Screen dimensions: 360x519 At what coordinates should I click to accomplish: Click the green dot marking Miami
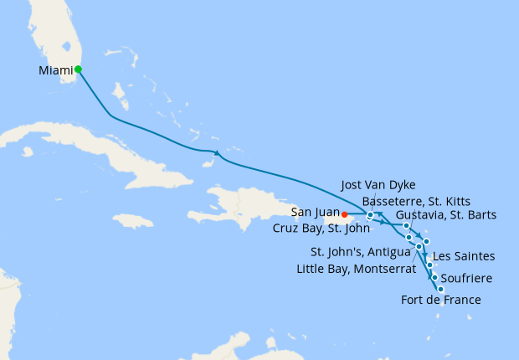click(x=77, y=69)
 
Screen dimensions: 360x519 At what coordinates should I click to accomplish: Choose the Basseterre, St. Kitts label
click(x=416, y=201)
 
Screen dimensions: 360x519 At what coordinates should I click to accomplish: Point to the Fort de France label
click(x=441, y=299)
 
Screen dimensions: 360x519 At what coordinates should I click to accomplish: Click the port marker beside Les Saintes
click(x=430, y=265)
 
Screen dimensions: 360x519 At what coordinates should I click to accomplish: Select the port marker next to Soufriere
click(x=434, y=277)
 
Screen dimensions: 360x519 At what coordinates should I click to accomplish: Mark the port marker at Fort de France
click(x=440, y=289)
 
